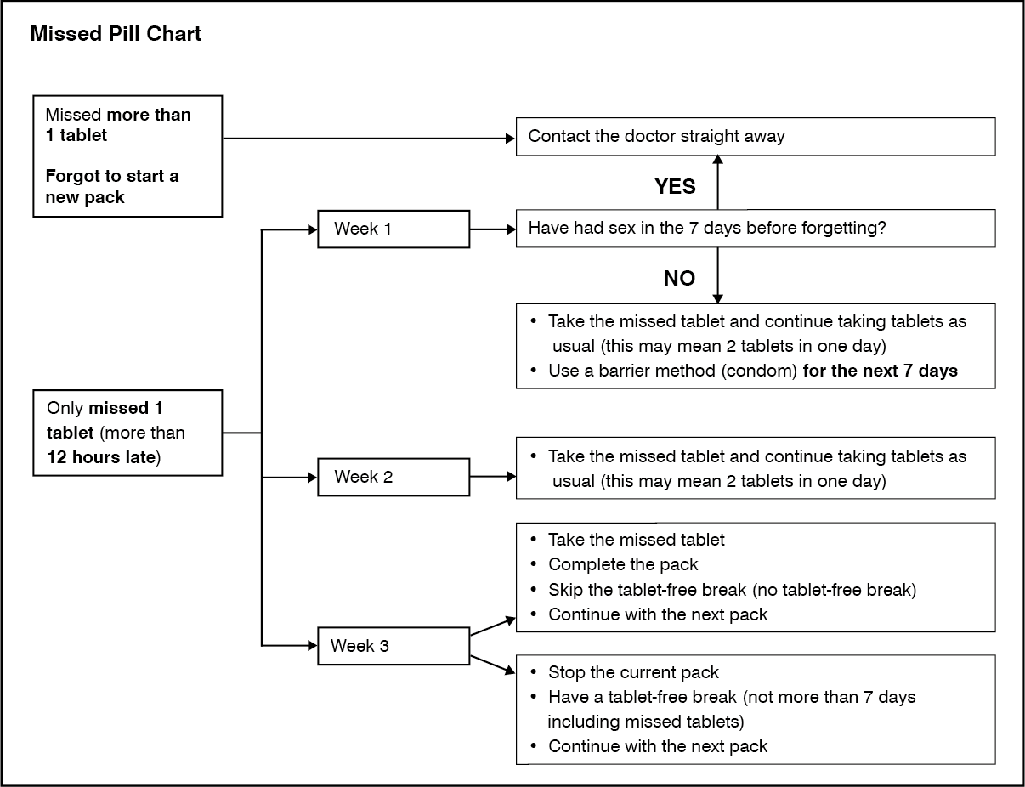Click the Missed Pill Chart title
[x=116, y=34]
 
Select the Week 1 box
[x=394, y=229]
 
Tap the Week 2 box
[x=394, y=477]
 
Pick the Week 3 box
[x=394, y=646]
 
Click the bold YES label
[x=675, y=187]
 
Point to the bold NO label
[x=679, y=279]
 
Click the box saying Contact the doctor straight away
[x=756, y=137]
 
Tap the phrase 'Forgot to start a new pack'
[x=112, y=186]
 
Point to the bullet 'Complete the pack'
[x=623, y=564]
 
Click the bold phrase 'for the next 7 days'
[x=881, y=371]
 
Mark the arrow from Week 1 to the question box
[x=493, y=229]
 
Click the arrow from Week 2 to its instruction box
[x=493, y=477]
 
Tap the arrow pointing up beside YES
[x=718, y=183]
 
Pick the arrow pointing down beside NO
[x=718, y=275]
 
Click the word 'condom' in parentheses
[x=759, y=371]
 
